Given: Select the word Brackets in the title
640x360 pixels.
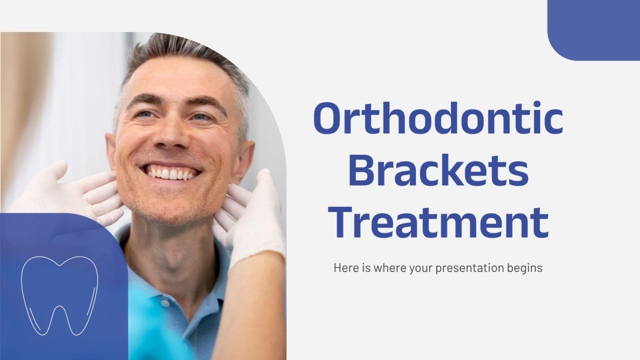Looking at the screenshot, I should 438,171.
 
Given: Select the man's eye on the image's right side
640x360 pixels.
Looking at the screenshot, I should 202,117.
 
